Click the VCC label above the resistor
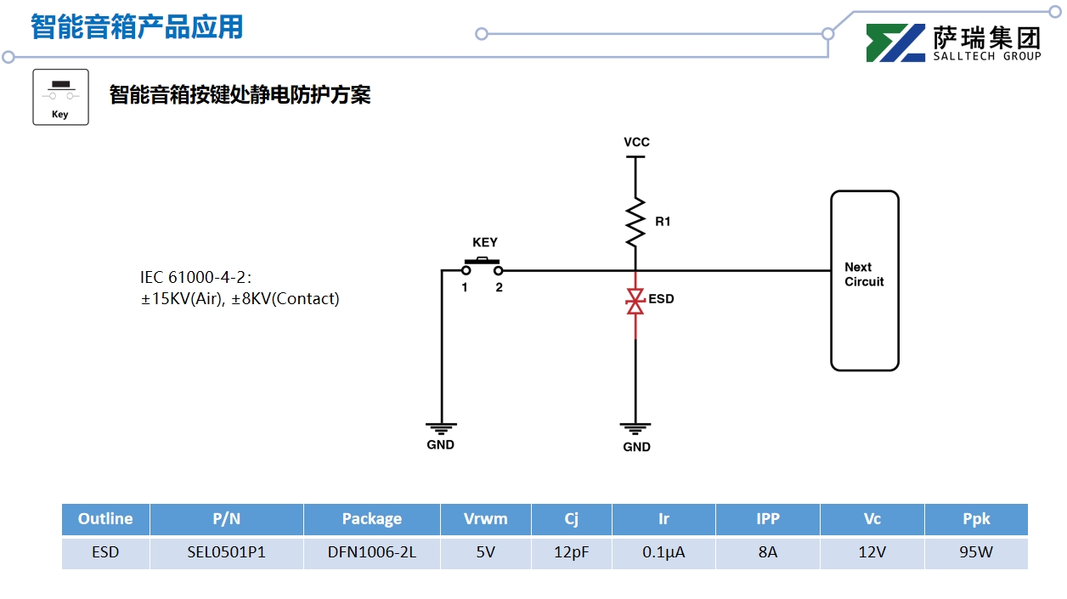pyautogui.click(x=636, y=142)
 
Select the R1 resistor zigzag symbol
pyautogui.click(x=635, y=221)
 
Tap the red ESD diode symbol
pyautogui.click(x=635, y=301)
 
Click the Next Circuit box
pyautogui.click(x=864, y=280)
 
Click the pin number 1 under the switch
pyautogui.click(x=465, y=288)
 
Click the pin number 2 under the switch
pyautogui.click(x=500, y=288)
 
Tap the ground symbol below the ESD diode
pyautogui.click(x=635, y=429)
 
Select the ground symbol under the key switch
pyautogui.click(x=441, y=428)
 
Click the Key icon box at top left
pyautogui.click(x=60, y=97)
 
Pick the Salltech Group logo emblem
pyautogui.click(x=895, y=43)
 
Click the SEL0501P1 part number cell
pyautogui.click(x=226, y=552)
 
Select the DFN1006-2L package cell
pyautogui.click(x=371, y=552)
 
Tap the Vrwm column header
pyautogui.click(x=485, y=519)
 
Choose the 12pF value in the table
pyautogui.click(x=571, y=552)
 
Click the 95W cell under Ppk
pyautogui.click(x=975, y=552)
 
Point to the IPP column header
pyautogui.click(x=767, y=519)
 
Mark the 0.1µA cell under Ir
pyautogui.click(x=663, y=552)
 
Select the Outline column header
pyautogui.click(x=105, y=519)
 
